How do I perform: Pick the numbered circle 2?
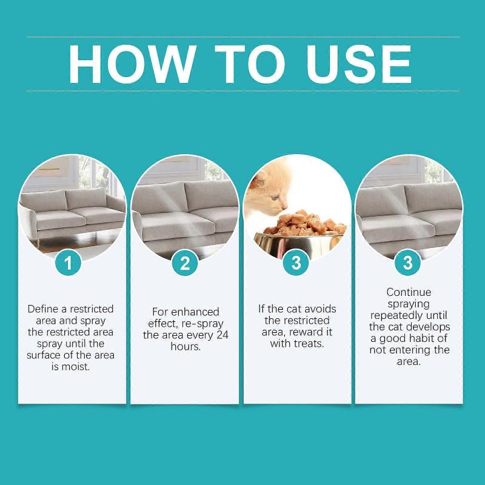click(185, 263)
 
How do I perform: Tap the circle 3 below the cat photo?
click(296, 263)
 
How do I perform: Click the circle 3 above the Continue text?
click(407, 263)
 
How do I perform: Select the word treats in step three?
click(309, 343)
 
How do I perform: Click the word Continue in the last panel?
click(408, 292)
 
